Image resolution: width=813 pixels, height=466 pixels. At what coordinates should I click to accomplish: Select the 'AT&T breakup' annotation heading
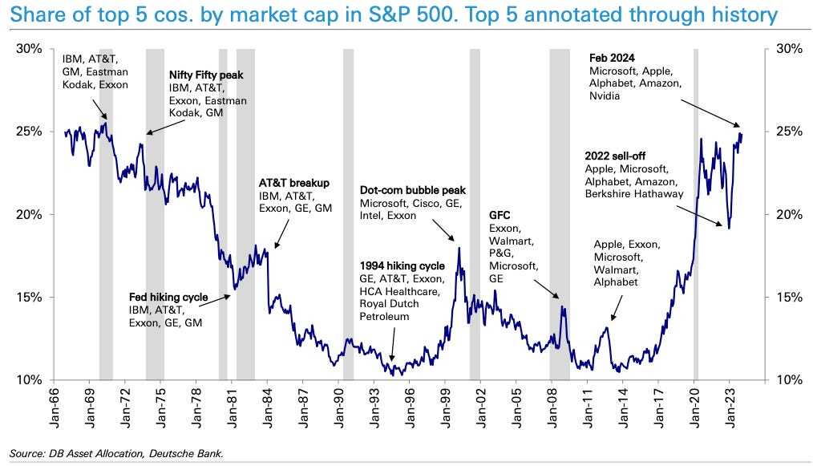pyautogui.click(x=294, y=182)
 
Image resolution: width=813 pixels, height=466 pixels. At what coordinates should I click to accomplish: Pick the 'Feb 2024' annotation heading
pyautogui.click(x=613, y=58)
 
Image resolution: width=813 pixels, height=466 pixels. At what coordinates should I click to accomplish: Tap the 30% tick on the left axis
pyautogui.click(x=30, y=49)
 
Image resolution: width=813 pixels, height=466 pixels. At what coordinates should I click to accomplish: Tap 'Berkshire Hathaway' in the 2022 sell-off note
pyautogui.click(x=634, y=194)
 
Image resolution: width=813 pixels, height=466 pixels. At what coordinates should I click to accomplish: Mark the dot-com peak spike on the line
pyautogui.click(x=459, y=249)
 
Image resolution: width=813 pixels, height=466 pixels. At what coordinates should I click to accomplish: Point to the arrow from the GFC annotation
pyautogui.click(x=547, y=288)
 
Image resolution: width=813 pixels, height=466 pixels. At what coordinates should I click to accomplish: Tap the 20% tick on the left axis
pyautogui.click(x=30, y=215)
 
